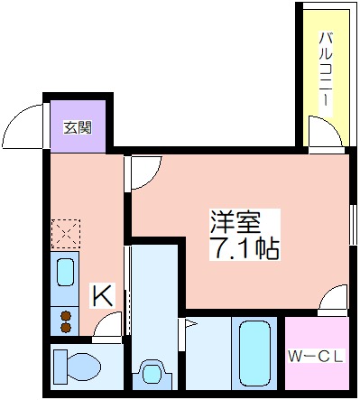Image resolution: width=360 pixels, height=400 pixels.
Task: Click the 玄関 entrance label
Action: [x=78, y=127]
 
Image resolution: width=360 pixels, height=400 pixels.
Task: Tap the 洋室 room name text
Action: [x=235, y=222]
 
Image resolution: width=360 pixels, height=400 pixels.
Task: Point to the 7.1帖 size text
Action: [x=245, y=248]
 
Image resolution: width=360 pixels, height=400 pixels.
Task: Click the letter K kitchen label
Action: [x=103, y=295]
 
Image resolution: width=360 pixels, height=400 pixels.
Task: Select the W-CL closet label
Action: [x=316, y=357]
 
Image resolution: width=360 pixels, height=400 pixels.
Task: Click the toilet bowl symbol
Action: [x=78, y=365]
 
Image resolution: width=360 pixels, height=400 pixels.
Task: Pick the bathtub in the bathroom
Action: [x=254, y=352]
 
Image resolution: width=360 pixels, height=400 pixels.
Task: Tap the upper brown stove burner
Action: [x=66, y=316]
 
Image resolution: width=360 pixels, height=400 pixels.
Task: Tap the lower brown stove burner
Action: [x=66, y=328]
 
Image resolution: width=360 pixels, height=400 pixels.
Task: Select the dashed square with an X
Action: [x=66, y=234]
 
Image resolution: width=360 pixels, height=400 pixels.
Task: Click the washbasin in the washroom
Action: [x=152, y=373]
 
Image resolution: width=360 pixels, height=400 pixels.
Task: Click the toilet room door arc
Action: [x=102, y=319]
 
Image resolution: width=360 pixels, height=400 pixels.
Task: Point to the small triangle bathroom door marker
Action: [x=190, y=324]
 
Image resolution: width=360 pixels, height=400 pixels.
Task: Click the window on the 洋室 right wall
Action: [x=353, y=225]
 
